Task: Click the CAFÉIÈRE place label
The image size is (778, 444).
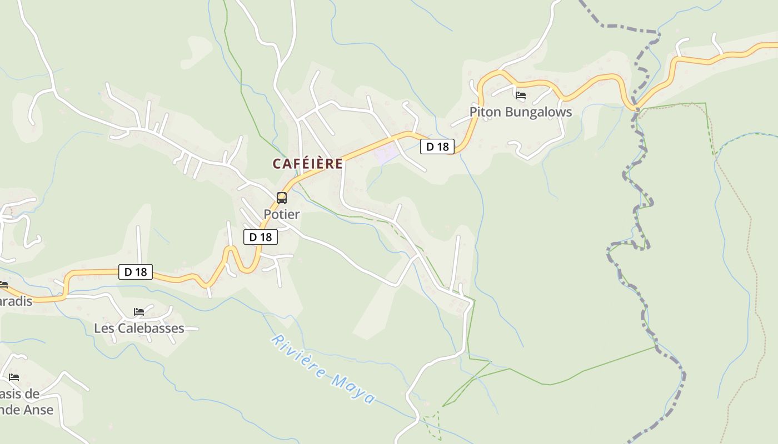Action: point(307,164)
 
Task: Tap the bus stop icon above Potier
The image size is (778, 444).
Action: point(282,198)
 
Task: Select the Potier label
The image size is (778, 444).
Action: point(281,214)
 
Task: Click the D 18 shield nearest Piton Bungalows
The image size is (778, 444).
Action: point(437,147)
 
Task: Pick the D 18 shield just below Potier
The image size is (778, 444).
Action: point(260,237)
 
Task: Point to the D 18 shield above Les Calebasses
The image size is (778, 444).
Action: point(136,272)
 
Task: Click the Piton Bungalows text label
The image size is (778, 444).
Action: point(520,112)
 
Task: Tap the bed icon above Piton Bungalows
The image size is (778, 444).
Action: point(521,95)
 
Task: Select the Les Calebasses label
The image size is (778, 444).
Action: point(139,328)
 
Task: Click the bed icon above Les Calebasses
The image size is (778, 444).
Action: point(139,312)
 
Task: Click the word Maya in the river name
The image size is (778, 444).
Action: point(353,389)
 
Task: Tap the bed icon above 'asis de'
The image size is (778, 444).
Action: point(14,377)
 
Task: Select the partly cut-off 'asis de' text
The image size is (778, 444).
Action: point(19,394)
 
